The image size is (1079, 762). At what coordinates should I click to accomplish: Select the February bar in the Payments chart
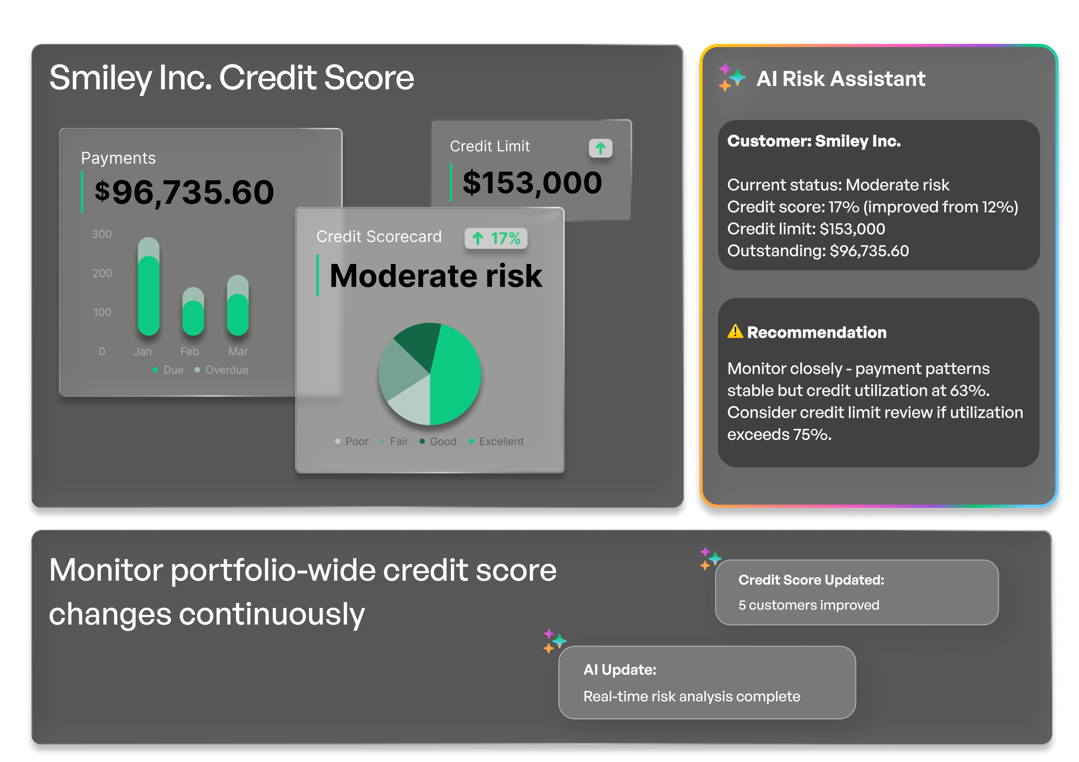click(193, 312)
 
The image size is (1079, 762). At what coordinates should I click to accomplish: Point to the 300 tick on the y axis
click(102, 234)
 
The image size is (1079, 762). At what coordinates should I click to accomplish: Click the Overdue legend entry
click(222, 370)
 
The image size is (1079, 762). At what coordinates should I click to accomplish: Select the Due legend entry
click(168, 370)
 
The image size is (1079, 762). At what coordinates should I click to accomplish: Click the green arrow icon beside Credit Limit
click(600, 148)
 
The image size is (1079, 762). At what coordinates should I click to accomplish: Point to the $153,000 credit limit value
click(532, 183)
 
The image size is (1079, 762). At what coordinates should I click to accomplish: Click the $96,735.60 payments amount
click(184, 193)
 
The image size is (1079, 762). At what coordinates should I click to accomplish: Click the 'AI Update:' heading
click(619, 670)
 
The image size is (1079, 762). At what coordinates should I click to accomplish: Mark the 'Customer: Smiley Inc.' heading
click(814, 141)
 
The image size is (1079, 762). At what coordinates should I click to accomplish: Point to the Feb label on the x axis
click(190, 351)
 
